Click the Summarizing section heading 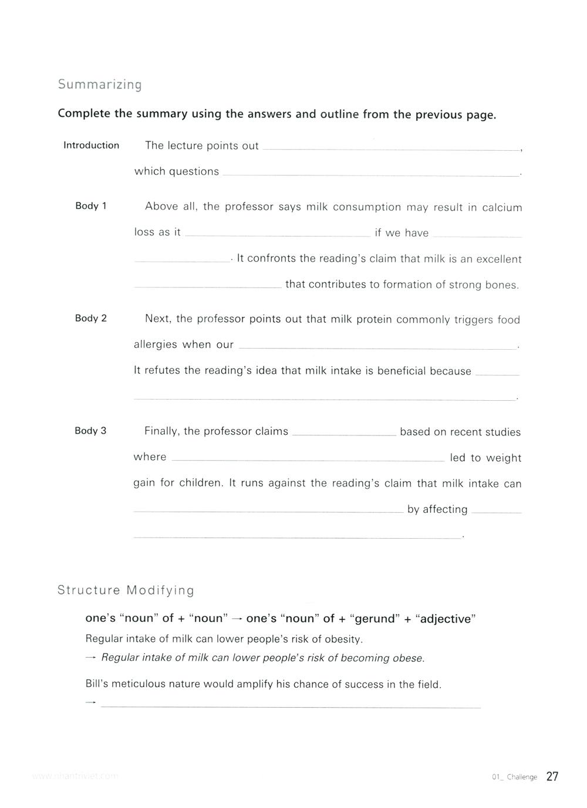point(100,84)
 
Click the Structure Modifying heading point(126,590)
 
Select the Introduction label point(91,146)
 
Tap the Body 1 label point(91,206)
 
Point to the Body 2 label point(91,319)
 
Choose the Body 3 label point(90,431)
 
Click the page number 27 point(552,777)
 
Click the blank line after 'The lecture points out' point(391,150)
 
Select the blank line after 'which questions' point(371,175)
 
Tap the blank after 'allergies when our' point(378,349)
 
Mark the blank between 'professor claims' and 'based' point(344,435)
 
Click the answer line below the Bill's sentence point(291,707)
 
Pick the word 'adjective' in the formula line point(446,619)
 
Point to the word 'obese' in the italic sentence point(408,658)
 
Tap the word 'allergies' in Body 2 point(156,345)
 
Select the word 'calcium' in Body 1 point(502,208)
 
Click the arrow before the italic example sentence point(90,658)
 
